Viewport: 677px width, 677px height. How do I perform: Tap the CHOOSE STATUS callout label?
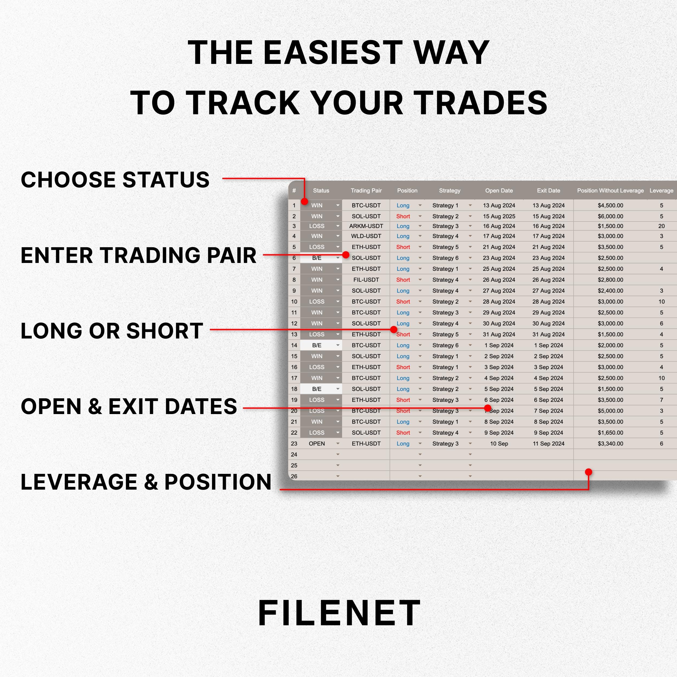[115, 180]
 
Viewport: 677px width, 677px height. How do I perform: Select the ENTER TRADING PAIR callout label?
[138, 255]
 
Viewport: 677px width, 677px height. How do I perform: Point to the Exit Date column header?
[548, 191]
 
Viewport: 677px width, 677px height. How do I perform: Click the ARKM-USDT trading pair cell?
[366, 226]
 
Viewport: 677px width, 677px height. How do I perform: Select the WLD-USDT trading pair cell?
[366, 236]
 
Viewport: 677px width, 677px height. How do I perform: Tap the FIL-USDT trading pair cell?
[366, 280]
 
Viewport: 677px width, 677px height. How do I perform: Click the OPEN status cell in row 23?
[317, 444]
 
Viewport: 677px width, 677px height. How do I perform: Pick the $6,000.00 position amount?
[610, 216]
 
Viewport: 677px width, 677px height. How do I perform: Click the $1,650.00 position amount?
[610, 433]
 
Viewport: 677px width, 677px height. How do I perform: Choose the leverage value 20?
[661, 226]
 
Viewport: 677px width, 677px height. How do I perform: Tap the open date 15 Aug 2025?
[499, 216]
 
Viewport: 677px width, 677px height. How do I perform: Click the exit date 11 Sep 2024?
[548, 444]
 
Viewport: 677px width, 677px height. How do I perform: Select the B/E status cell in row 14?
[317, 345]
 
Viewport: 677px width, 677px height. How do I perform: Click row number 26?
[294, 477]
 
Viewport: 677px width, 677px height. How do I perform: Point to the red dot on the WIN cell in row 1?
[304, 201]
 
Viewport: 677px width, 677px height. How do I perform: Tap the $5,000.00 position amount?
[610, 411]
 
